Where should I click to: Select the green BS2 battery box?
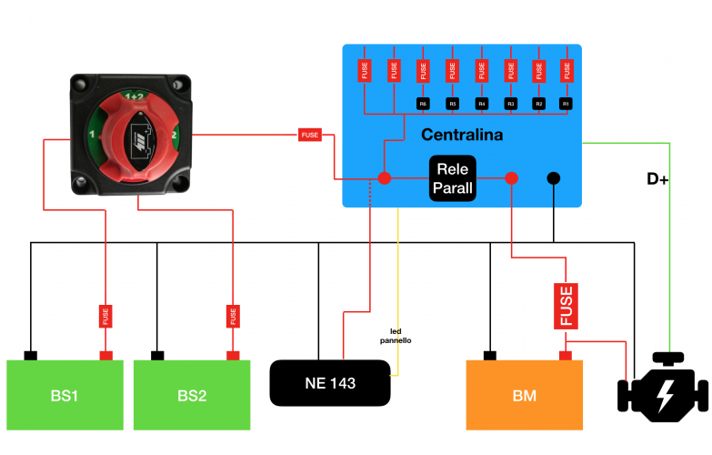pos(192,395)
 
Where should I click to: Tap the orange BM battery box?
pos(524,395)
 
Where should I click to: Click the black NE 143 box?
pos(330,383)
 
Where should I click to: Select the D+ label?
pos(657,179)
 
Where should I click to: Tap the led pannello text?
pos(396,336)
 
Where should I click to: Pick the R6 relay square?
pos(423,105)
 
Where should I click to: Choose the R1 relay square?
pos(567,105)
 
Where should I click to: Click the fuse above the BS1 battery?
pos(105,316)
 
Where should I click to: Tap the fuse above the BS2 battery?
pos(234,316)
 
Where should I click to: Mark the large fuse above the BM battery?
pos(567,305)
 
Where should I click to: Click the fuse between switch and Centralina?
pos(309,135)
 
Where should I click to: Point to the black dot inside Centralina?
pos(553,178)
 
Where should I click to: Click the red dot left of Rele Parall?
pos(384,177)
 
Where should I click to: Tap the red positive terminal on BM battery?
pos(565,355)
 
